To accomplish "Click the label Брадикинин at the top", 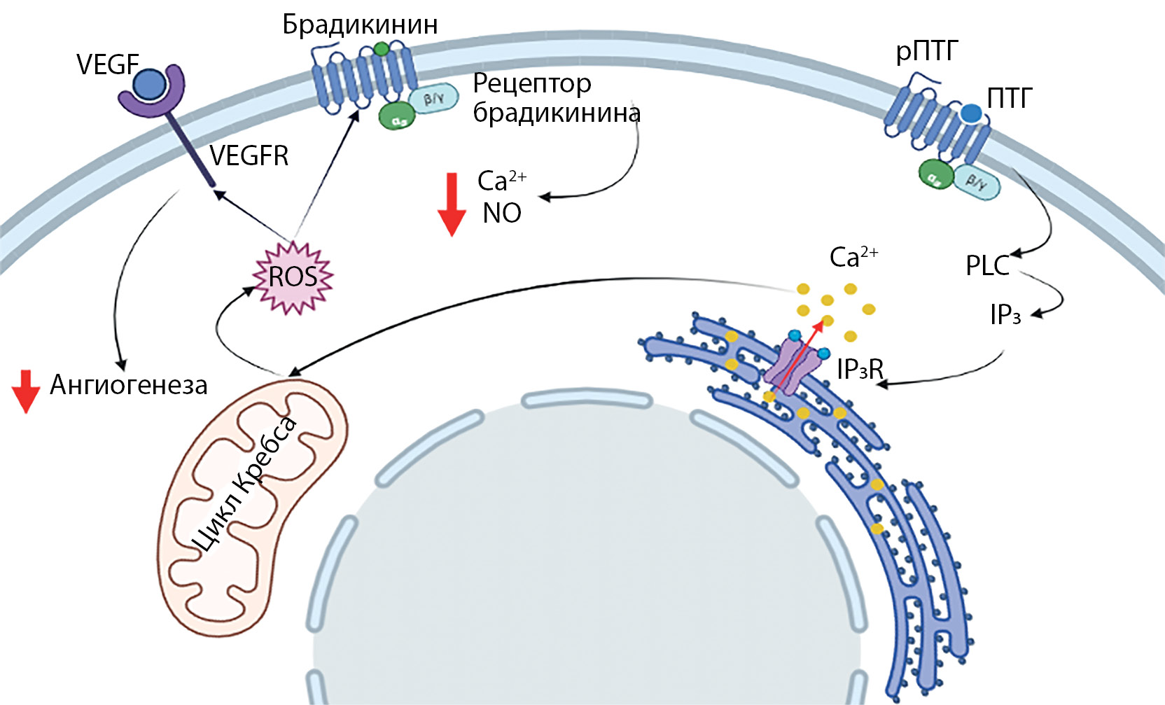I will pyautogui.click(x=360, y=25).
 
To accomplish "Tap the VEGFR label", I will pyautogui.click(x=249, y=155).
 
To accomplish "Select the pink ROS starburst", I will pyautogui.click(x=293, y=277).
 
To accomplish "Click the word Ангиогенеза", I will pyautogui.click(x=129, y=385).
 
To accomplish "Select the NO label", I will pyautogui.click(x=502, y=214).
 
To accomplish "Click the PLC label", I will pyautogui.click(x=987, y=265).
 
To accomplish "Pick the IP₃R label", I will pyautogui.click(x=860, y=369).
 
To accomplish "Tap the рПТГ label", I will pyautogui.click(x=926, y=52).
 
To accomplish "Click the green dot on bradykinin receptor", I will pyautogui.click(x=381, y=49).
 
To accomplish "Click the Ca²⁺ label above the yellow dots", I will pyautogui.click(x=853, y=257).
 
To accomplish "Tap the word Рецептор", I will pyautogui.click(x=532, y=83).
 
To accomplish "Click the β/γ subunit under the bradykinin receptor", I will pyautogui.click(x=432, y=99).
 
